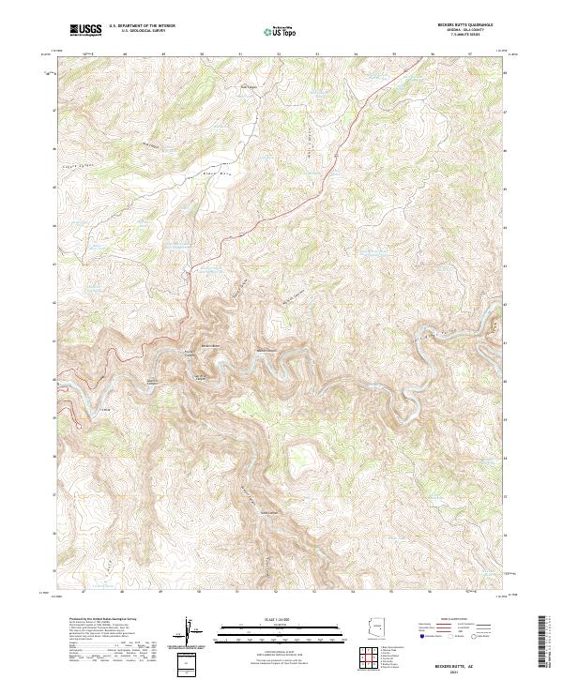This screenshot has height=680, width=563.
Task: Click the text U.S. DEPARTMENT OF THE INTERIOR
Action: [x=142, y=26]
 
